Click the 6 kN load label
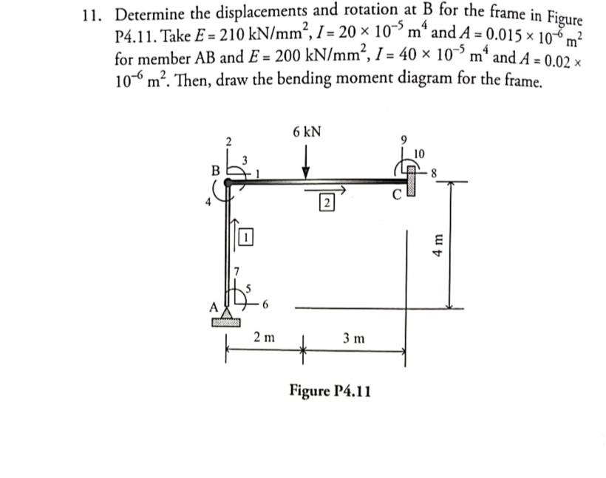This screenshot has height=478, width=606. coord(307,132)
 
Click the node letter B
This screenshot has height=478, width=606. coord(216,170)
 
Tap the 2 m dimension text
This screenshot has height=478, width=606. coord(264,338)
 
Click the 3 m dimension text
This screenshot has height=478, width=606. coord(354,338)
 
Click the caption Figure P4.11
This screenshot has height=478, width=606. coord(330,389)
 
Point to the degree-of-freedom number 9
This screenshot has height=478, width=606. coord(404,138)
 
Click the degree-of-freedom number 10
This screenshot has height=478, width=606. coord(420,153)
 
